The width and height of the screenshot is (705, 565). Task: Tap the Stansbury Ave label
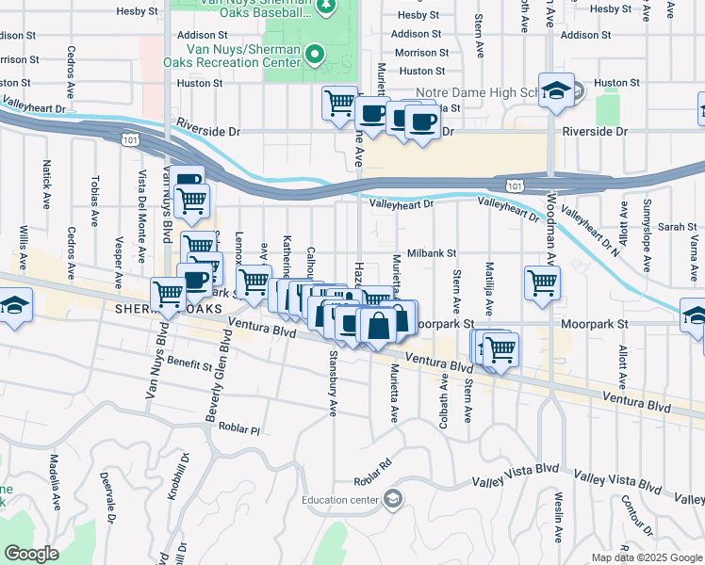coord(332,383)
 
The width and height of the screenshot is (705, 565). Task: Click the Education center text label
coord(341,500)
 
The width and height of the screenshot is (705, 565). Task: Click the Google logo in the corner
coord(31,554)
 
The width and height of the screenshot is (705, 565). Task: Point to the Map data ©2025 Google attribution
coord(646,557)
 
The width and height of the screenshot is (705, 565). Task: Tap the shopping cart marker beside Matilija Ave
coord(542,282)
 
